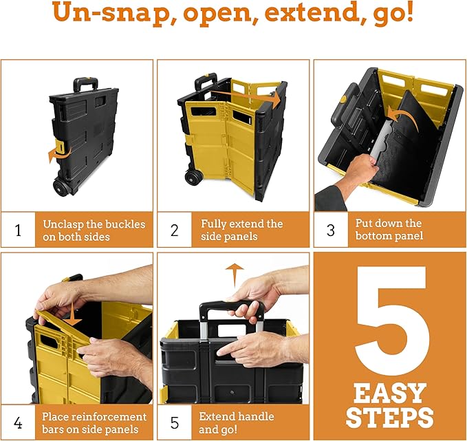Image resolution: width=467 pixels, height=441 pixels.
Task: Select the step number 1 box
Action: click(18, 230)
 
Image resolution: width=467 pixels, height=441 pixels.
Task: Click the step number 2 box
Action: click(175, 230)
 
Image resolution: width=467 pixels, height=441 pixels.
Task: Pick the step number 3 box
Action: click(331, 230)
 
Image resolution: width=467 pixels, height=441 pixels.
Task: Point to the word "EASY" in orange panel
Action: click(390, 394)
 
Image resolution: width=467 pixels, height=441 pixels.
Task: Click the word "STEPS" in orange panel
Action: click(390, 417)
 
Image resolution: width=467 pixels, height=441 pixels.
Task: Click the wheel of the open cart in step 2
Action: click(193, 177)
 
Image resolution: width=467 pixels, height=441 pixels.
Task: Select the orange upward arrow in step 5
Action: click(235, 272)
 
